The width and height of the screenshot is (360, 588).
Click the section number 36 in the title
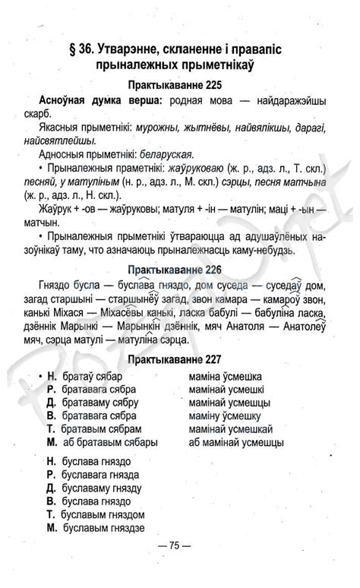82,48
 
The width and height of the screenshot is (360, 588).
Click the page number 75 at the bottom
174,545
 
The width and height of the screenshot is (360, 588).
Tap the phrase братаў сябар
93,375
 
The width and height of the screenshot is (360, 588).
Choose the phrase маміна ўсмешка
225,375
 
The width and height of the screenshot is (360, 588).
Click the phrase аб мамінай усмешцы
236,442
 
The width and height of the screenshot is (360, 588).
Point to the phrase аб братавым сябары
110,442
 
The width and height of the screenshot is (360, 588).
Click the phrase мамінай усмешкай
230,428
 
